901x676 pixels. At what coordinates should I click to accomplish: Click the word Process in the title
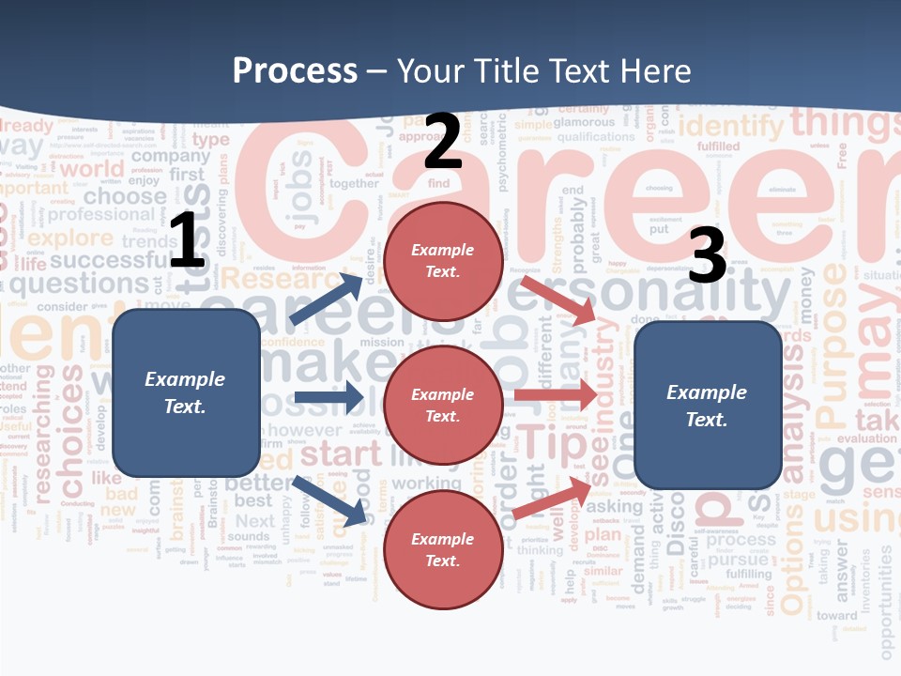(295, 71)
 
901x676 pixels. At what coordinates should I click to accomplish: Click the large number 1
(187, 241)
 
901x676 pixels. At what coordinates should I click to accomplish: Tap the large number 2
(443, 141)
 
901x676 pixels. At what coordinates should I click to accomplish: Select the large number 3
(707, 256)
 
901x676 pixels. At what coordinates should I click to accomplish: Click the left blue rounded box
(186, 392)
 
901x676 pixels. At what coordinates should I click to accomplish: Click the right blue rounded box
(708, 406)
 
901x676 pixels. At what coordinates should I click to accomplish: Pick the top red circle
(443, 261)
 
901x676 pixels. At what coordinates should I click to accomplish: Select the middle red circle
(443, 406)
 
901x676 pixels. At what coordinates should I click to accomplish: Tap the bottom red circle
(443, 550)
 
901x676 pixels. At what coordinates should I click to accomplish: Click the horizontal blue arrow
(328, 397)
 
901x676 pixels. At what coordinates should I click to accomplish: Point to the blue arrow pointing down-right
(328, 500)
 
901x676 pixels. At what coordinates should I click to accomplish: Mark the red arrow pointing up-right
(554, 496)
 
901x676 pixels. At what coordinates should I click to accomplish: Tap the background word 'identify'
(730, 126)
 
